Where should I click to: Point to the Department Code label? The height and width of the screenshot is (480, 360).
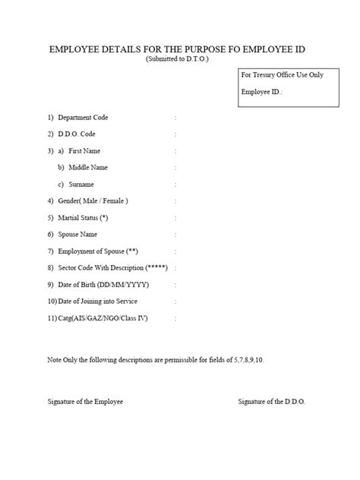[84, 118]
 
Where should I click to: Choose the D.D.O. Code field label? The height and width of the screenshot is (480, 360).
[77, 134]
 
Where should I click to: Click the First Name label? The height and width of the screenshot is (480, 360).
[84, 150]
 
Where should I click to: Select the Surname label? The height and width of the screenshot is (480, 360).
[82, 184]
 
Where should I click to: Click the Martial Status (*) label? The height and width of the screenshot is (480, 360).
[90, 217]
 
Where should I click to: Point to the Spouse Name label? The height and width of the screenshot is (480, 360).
[82, 234]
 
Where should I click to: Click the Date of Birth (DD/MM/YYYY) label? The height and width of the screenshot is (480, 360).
[103, 284]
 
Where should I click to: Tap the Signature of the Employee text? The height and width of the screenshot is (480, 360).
[84, 400]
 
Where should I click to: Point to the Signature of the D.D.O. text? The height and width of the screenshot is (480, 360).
[272, 400]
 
